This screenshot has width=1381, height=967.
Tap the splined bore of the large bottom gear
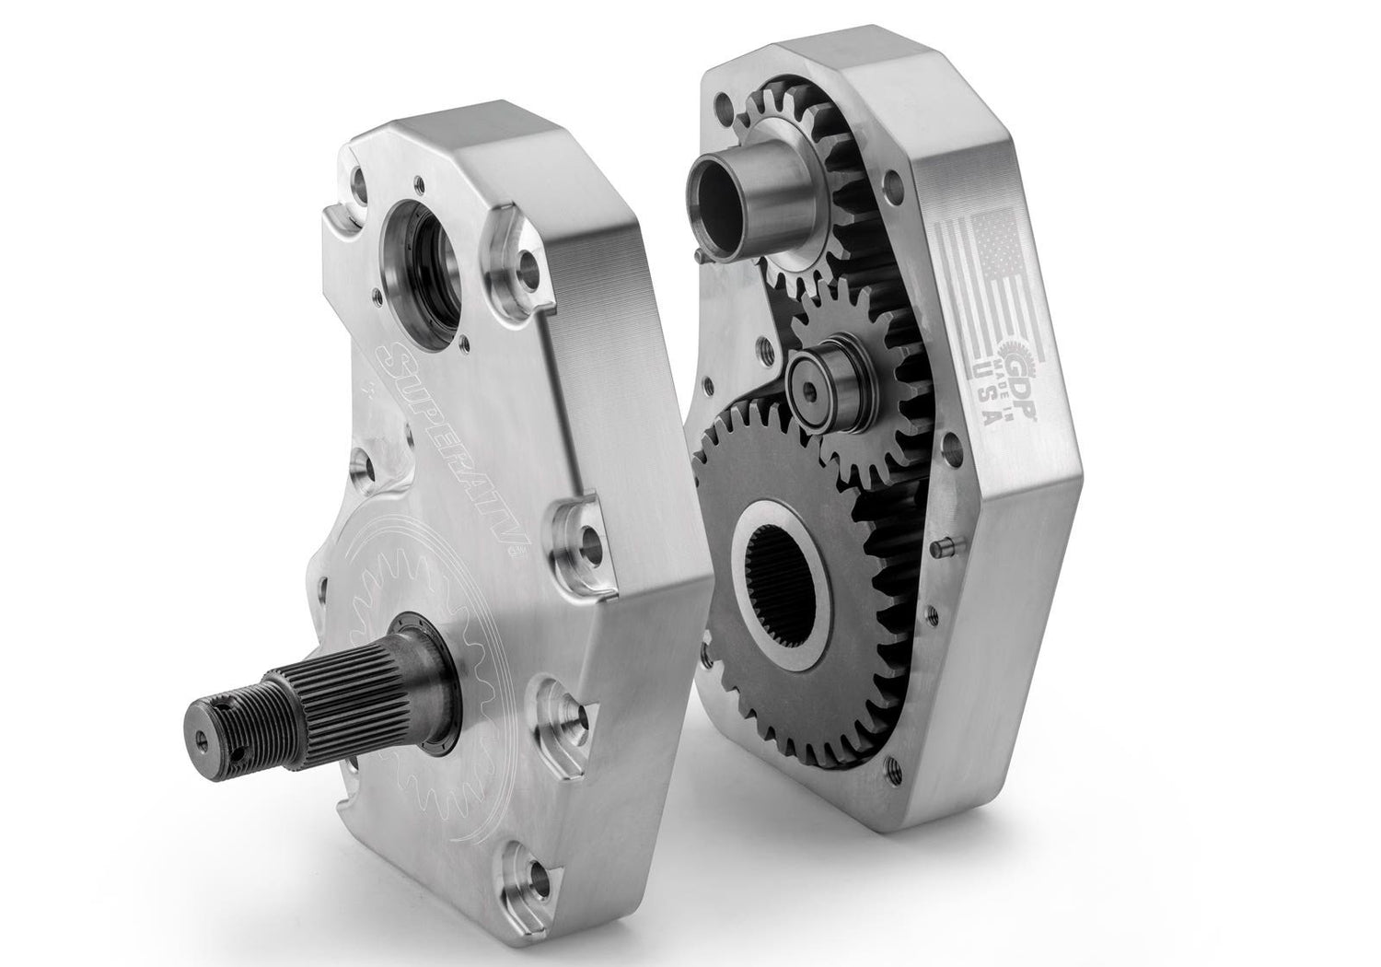coord(779,585)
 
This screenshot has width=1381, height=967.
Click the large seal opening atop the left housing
coord(422,274)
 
